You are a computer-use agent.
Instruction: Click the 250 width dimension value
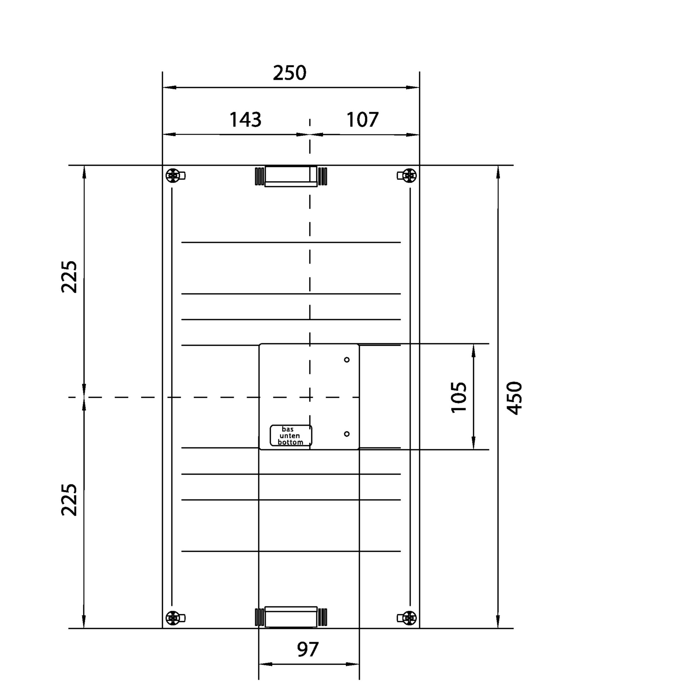289,73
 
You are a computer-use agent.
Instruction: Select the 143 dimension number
245,120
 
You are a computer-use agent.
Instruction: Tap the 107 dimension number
362,120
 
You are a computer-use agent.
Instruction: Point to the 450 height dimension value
514,398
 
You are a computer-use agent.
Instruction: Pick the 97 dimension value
308,649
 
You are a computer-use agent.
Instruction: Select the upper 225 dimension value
69,277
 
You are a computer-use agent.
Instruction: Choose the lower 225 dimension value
69,500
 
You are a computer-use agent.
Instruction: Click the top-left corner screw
173,175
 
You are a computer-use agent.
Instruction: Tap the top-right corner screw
409,175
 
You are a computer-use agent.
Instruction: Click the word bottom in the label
290,442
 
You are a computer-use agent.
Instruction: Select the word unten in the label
290,436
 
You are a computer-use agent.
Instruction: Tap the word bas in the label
287,429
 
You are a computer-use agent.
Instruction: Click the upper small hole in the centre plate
347,360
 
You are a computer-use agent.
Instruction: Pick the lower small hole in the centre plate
347,434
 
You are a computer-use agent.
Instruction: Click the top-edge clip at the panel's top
291,176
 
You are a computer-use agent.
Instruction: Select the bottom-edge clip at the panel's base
291,617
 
